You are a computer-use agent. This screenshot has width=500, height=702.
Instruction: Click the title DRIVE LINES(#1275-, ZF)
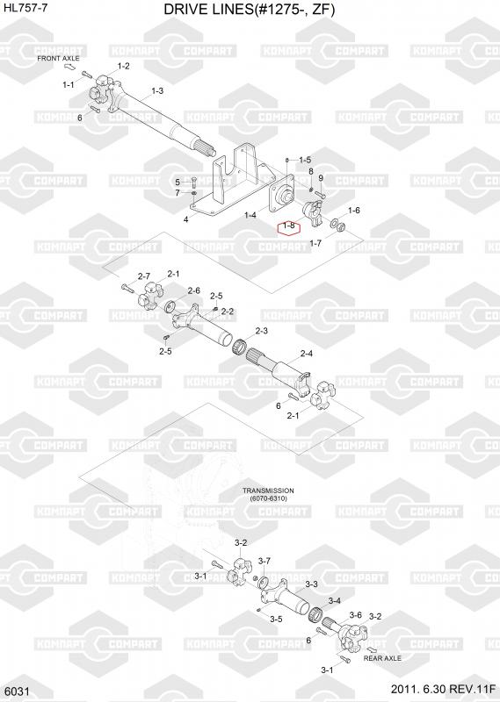click(249, 10)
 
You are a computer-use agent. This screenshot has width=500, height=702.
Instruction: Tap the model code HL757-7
click(24, 8)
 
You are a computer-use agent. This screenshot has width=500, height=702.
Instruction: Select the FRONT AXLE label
click(58, 59)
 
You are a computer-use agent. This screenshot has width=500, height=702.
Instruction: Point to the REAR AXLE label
click(382, 658)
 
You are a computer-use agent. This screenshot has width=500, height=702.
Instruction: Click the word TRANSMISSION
click(268, 491)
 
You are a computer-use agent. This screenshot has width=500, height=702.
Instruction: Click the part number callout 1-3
click(157, 91)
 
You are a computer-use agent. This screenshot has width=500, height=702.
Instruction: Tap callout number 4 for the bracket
click(185, 219)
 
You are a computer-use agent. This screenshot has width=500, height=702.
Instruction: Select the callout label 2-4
click(307, 354)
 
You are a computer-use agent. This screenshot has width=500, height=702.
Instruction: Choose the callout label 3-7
click(264, 561)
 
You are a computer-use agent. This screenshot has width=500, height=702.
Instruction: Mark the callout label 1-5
click(305, 160)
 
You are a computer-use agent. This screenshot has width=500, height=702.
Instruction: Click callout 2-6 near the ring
click(193, 291)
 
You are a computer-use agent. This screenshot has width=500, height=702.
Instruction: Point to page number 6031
click(18, 692)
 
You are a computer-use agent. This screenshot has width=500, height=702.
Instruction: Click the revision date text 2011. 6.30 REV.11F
click(443, 689)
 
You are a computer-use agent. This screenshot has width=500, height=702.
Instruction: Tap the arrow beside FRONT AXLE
click(70, 68)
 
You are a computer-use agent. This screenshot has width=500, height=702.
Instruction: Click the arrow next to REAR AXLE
click(373, 649)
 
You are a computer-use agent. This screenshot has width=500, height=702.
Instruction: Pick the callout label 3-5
click(276, 620)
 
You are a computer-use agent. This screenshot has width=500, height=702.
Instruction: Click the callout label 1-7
click(315, 244)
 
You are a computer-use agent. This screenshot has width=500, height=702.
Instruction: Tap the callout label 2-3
click(262, 332)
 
